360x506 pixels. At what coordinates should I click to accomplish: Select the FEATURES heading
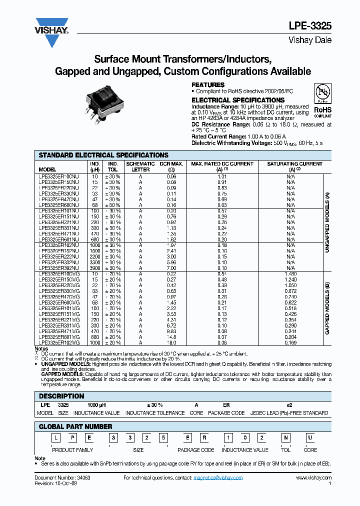click(208, 85)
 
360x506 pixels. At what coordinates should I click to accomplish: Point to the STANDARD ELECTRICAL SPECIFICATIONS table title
click(103, 155)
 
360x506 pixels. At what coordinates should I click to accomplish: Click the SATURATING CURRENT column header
click(294, 164)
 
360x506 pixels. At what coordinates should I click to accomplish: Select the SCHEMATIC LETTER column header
click(140, 166)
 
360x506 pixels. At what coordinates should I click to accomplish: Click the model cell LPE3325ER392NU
click(58, 268)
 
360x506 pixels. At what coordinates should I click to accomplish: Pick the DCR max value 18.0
click(171, 342)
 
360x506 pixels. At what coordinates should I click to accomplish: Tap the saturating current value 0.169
click(290, 342)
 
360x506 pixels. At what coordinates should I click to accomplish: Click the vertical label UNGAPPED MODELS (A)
click(327, 221)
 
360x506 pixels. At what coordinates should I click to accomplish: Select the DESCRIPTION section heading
click(58, 395)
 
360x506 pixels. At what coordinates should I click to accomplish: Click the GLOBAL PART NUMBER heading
click(75, 426)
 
